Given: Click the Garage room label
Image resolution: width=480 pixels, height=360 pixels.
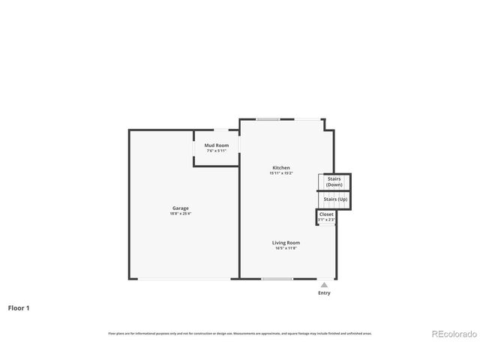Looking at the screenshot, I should point(180,208).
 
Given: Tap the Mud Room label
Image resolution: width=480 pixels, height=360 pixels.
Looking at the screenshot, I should point(217,145).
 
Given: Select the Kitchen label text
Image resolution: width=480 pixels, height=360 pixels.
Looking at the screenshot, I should point(280,167).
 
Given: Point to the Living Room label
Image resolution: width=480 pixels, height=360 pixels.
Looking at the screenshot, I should point(286,242).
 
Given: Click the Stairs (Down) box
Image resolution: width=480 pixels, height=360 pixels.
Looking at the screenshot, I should point(334,181).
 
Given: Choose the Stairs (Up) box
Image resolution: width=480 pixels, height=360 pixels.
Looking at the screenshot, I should point(335,199).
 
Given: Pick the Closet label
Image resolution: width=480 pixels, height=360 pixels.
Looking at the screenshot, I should point(326,214).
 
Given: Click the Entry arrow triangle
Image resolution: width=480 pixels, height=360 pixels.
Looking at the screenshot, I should point(324,285).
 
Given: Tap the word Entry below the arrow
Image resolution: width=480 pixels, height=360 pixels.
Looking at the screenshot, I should point(324,293).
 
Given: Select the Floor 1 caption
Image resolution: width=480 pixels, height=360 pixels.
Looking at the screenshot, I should point(19,307).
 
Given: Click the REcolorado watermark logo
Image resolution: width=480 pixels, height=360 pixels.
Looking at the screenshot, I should point(453,334).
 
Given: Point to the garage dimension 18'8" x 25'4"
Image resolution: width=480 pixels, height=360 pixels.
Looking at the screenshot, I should point(180,214).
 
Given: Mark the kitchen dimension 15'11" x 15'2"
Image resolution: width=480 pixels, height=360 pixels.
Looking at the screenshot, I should point(280,173).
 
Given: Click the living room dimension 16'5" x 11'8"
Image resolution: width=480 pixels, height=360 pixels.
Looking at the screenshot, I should point(286,248).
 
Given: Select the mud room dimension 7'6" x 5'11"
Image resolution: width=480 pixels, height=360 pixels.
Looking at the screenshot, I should point(217,151).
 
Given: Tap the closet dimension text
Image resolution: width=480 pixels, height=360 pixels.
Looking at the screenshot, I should point(326,220).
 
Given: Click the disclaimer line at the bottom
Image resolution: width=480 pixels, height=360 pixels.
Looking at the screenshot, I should point(240,334).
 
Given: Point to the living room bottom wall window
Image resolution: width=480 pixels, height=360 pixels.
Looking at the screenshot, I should point(277,279).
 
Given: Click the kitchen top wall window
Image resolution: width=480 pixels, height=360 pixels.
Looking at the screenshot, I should point(268,118).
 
